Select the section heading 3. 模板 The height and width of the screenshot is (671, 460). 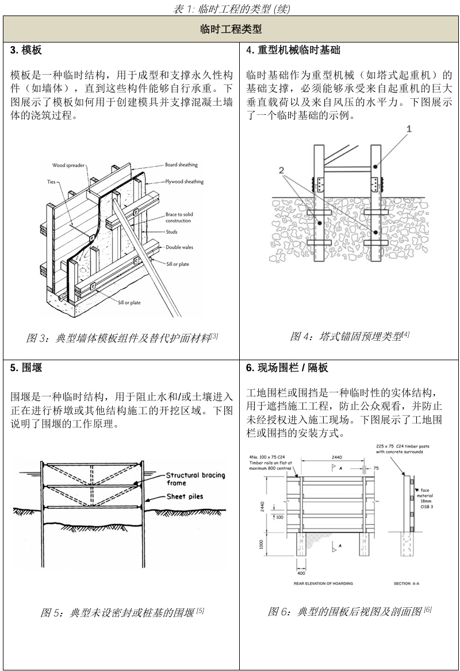point(26,51)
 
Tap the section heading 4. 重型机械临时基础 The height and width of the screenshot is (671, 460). point(293,51)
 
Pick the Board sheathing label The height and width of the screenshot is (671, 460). point(181,165)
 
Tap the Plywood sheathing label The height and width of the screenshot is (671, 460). point(184,182)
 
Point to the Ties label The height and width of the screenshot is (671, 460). point(52,182)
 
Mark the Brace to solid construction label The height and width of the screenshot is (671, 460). point(179,217)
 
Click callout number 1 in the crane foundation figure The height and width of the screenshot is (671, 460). point(409,129)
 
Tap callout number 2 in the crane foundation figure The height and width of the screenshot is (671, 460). point(281,171)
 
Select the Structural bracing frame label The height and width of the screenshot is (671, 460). point(195,479)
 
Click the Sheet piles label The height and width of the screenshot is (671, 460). point(185,496)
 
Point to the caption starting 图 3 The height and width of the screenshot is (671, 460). point(122,338)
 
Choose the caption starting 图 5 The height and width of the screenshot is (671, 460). point(122,612)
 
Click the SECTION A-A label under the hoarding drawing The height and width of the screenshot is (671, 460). point(407,584)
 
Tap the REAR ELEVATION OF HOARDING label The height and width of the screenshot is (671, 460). point(323,584)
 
